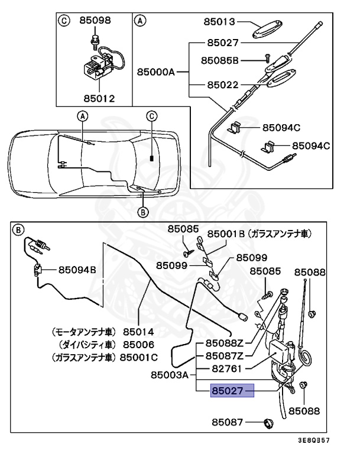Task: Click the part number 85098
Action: pyautogui.click(x=95, y=21)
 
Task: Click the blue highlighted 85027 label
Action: pyautogui.click(x=232, y=391)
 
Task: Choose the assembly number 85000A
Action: pyautogui.click(x=156, y=72)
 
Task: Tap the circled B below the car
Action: pyautogui.click(x=142, y=212)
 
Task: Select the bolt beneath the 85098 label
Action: pyautogui.click(x=95, y=41)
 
